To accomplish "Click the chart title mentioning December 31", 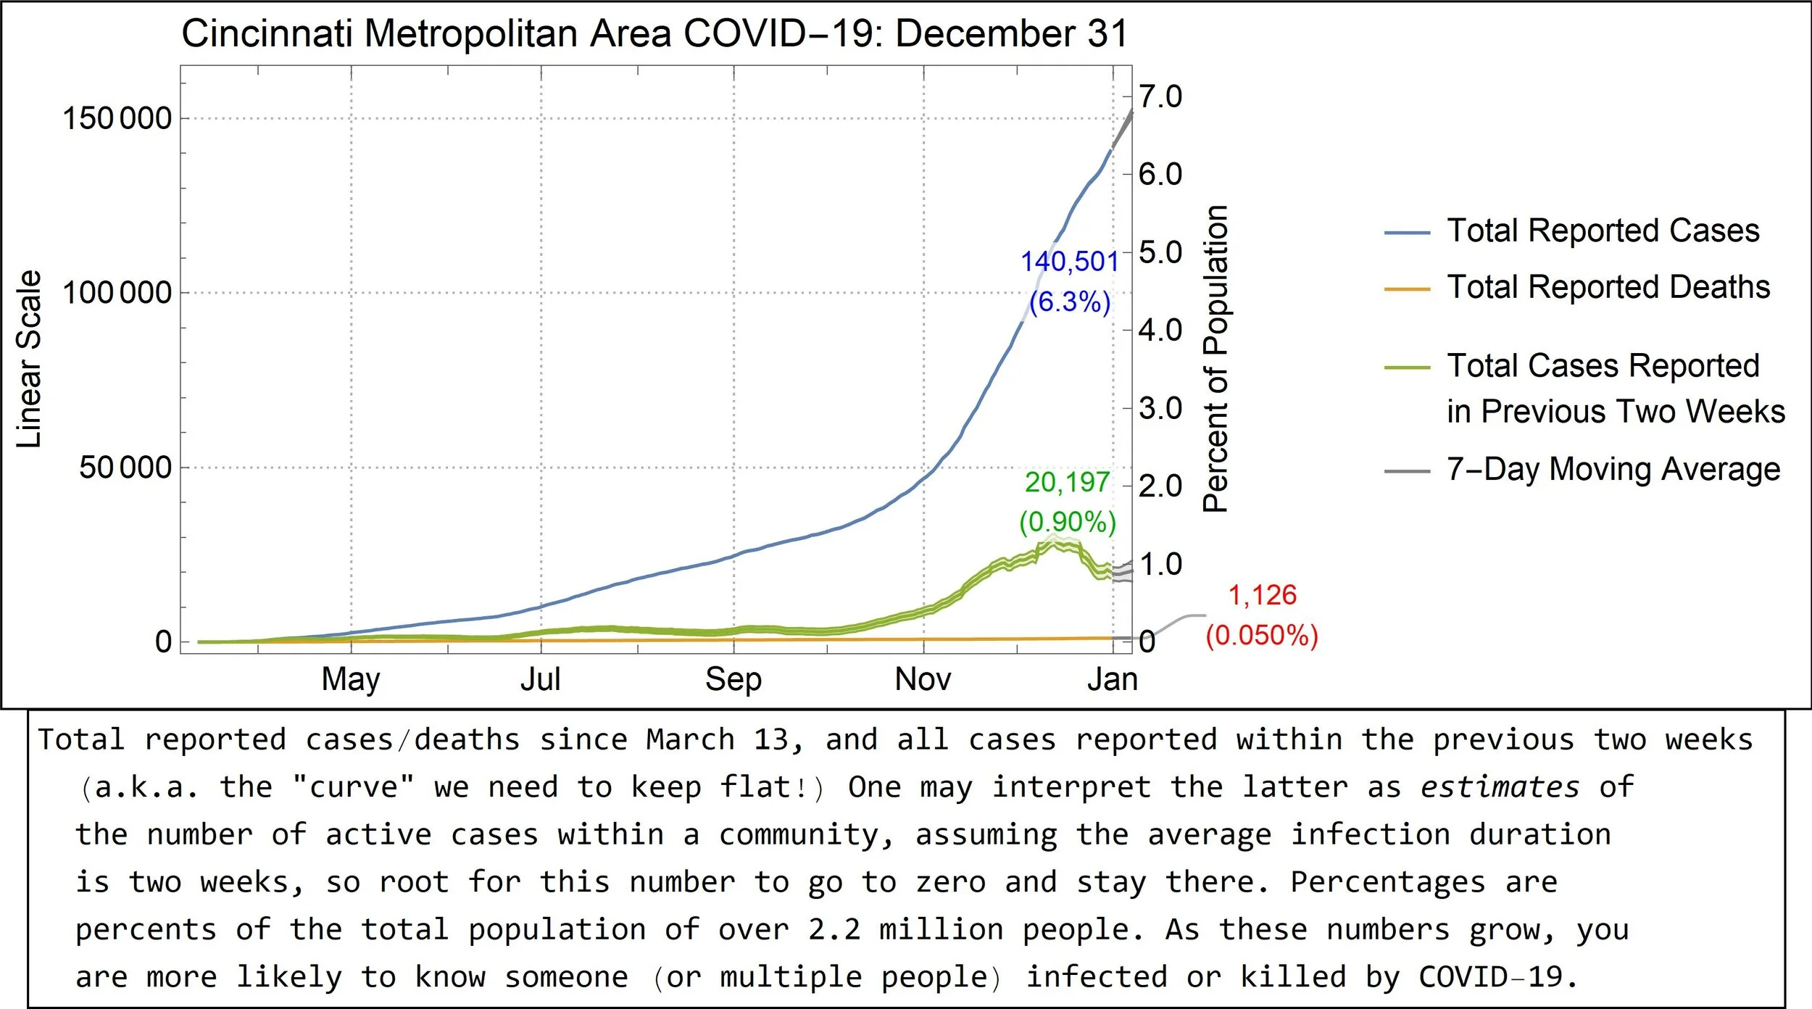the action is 654,33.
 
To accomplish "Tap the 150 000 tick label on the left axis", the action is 117,118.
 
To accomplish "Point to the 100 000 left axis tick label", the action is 117,293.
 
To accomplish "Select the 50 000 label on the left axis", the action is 125,468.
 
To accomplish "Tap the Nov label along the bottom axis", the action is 923,680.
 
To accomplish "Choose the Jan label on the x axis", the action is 1113,680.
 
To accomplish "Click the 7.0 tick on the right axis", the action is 1160,96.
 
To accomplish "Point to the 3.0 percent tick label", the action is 1160,408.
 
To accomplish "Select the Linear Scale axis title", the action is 29,359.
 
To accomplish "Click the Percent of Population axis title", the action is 1215,359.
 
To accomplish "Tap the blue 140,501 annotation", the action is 1070,262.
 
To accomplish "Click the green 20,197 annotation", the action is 1068,482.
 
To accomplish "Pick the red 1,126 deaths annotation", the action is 1262,595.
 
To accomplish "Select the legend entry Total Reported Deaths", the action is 1608,287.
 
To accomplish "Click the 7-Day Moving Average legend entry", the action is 1613,470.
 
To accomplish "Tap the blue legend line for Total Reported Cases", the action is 1407,233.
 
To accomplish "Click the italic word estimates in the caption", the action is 1500,786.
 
